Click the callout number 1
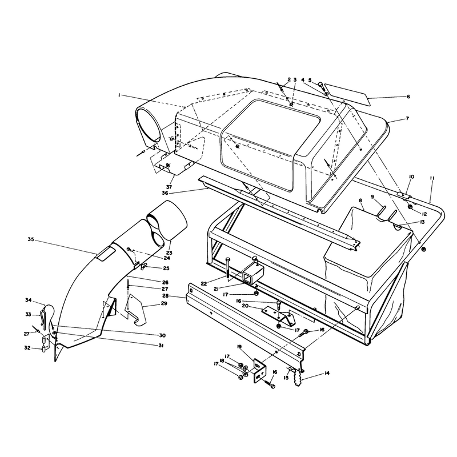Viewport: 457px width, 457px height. point(119,95)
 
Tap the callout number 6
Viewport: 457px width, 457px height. point(408,97)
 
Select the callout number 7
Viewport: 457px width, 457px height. point(407,119)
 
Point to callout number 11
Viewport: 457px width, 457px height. point(432,178)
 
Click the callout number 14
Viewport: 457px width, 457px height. point(327,373)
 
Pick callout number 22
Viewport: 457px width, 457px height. point(204,283)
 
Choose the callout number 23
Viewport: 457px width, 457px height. point(169,252)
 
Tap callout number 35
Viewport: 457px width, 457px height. point(31,239)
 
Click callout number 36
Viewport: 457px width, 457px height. point(165,193)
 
